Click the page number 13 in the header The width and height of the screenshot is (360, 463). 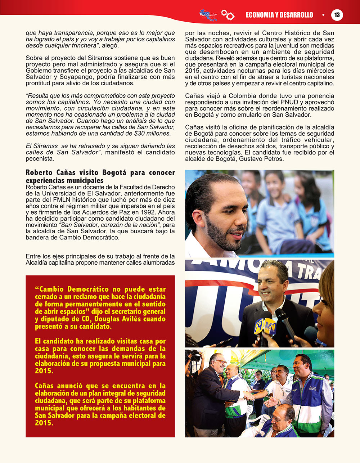click(x=337, y=15)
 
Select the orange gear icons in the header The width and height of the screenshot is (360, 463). click(x=228, y=15)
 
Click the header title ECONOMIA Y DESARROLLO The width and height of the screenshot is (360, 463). click(x=279, y=15)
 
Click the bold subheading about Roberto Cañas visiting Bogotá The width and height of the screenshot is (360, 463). click(x=100, y=176)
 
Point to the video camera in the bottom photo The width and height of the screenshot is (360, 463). click(x=194, y=356)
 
